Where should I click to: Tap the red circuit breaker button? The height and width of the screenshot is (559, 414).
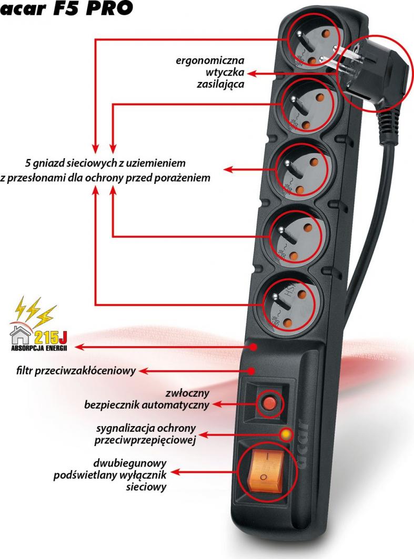click(269, 403)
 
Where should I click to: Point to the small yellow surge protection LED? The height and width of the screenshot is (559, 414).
click(286, 434)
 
